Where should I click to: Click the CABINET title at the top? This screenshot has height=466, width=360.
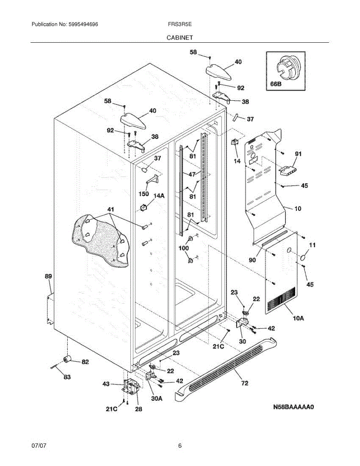[180, 38]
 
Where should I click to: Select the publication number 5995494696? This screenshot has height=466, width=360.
[83, 24]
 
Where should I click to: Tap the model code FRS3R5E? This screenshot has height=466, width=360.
[180, 24]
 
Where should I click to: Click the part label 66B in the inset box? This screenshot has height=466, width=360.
[276, 84]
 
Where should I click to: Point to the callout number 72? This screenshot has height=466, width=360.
[245, 383]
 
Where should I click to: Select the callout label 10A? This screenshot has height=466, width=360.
[298, 318]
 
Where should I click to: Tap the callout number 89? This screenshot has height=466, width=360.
[49, 276]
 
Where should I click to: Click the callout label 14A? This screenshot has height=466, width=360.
[159, 196]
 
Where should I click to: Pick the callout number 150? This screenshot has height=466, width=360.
[143, 194]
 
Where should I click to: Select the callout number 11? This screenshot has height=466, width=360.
[313, 245]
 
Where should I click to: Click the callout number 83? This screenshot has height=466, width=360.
[67, 377]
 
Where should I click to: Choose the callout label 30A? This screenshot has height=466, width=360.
[157, 398]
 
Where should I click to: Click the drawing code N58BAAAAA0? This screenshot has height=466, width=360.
[294, 407]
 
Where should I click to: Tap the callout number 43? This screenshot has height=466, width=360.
[106, 384]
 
